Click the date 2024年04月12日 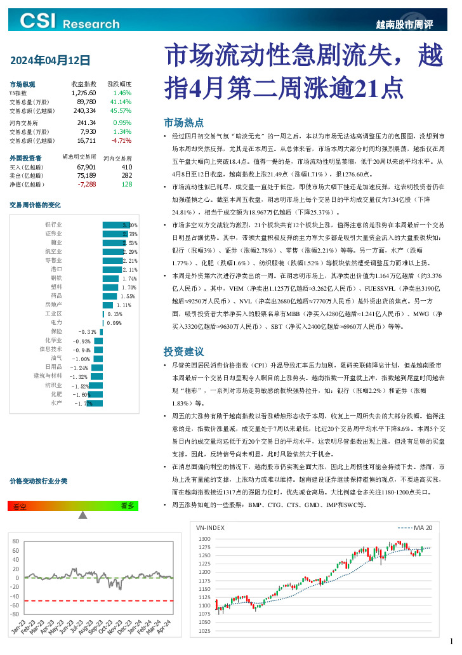tap(50, 61)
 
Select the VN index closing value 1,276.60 tap(84, 93)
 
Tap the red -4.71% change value tap(121, 140)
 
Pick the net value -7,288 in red tap(86, 184)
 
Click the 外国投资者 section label tap(26, 157)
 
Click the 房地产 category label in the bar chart tap(53, 305)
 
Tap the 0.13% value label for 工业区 tap(115, 314)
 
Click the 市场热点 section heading tap(183, 122)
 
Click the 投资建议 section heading tap(183, 351)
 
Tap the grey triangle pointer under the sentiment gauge tap(82, 515)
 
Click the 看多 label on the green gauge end tap(127, 506)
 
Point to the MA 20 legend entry tap(415, 527)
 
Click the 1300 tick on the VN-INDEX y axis tap(204, 538)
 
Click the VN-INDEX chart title tap(210, 527)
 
